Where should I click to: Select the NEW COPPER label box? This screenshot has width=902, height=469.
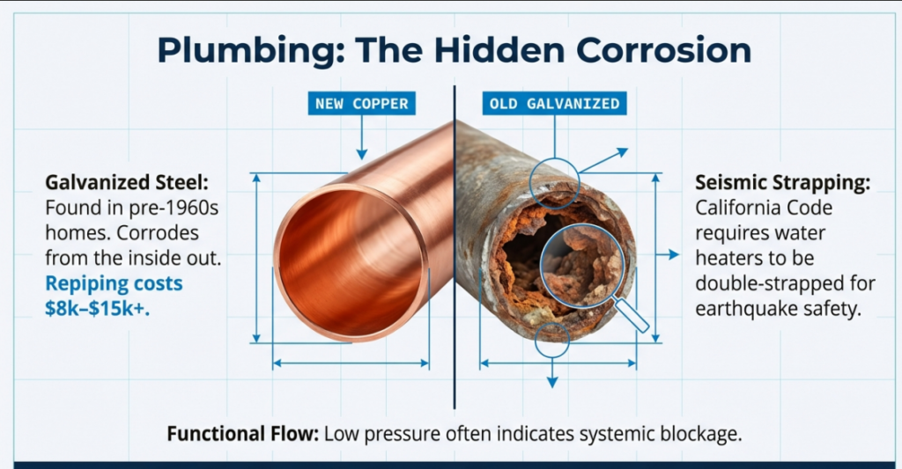[362, 104]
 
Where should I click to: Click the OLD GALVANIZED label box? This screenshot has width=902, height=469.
[555, 104]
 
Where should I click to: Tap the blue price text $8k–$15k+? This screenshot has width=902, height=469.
[98, 309]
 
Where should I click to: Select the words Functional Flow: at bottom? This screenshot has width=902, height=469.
[243, 434]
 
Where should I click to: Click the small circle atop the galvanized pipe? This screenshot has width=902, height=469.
[555, 181]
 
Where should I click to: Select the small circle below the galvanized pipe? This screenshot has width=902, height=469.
[553, 339]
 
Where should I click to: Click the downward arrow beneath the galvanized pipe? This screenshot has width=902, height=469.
[552, 378]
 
